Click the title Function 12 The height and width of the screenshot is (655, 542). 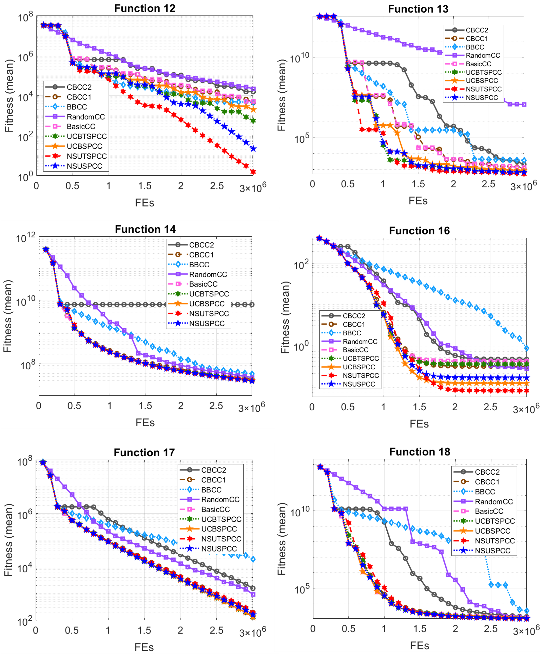(x=145, y=8)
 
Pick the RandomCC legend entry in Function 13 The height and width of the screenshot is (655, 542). (x=483, y=56)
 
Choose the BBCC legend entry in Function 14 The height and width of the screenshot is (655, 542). (x=199, y=265)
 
